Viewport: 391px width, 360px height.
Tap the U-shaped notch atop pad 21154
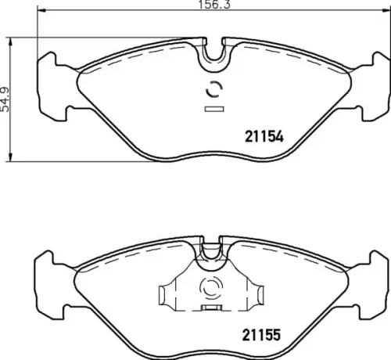(x=212, y=53)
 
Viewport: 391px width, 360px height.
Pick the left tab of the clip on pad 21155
(x=165, y=295)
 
